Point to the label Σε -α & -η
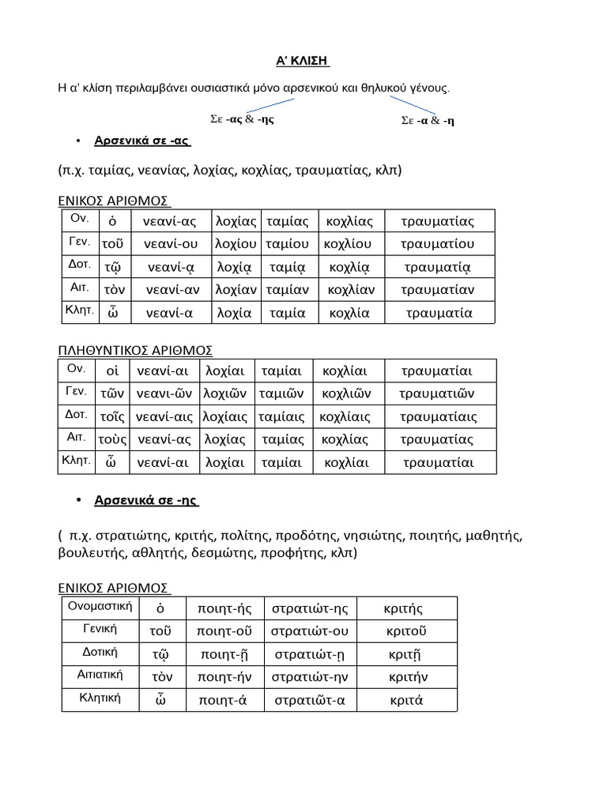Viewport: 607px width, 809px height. coord(428,120)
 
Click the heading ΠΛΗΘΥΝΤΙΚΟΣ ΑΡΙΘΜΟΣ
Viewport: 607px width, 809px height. coord(135,350)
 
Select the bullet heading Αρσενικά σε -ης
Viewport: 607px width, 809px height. coord(146,500)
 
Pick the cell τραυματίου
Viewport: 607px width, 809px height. coord(436,243)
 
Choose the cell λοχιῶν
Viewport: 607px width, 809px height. coord(225,393)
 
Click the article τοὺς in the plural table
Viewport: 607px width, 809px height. coord(112,438)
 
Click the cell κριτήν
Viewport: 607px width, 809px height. coord(408,677)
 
